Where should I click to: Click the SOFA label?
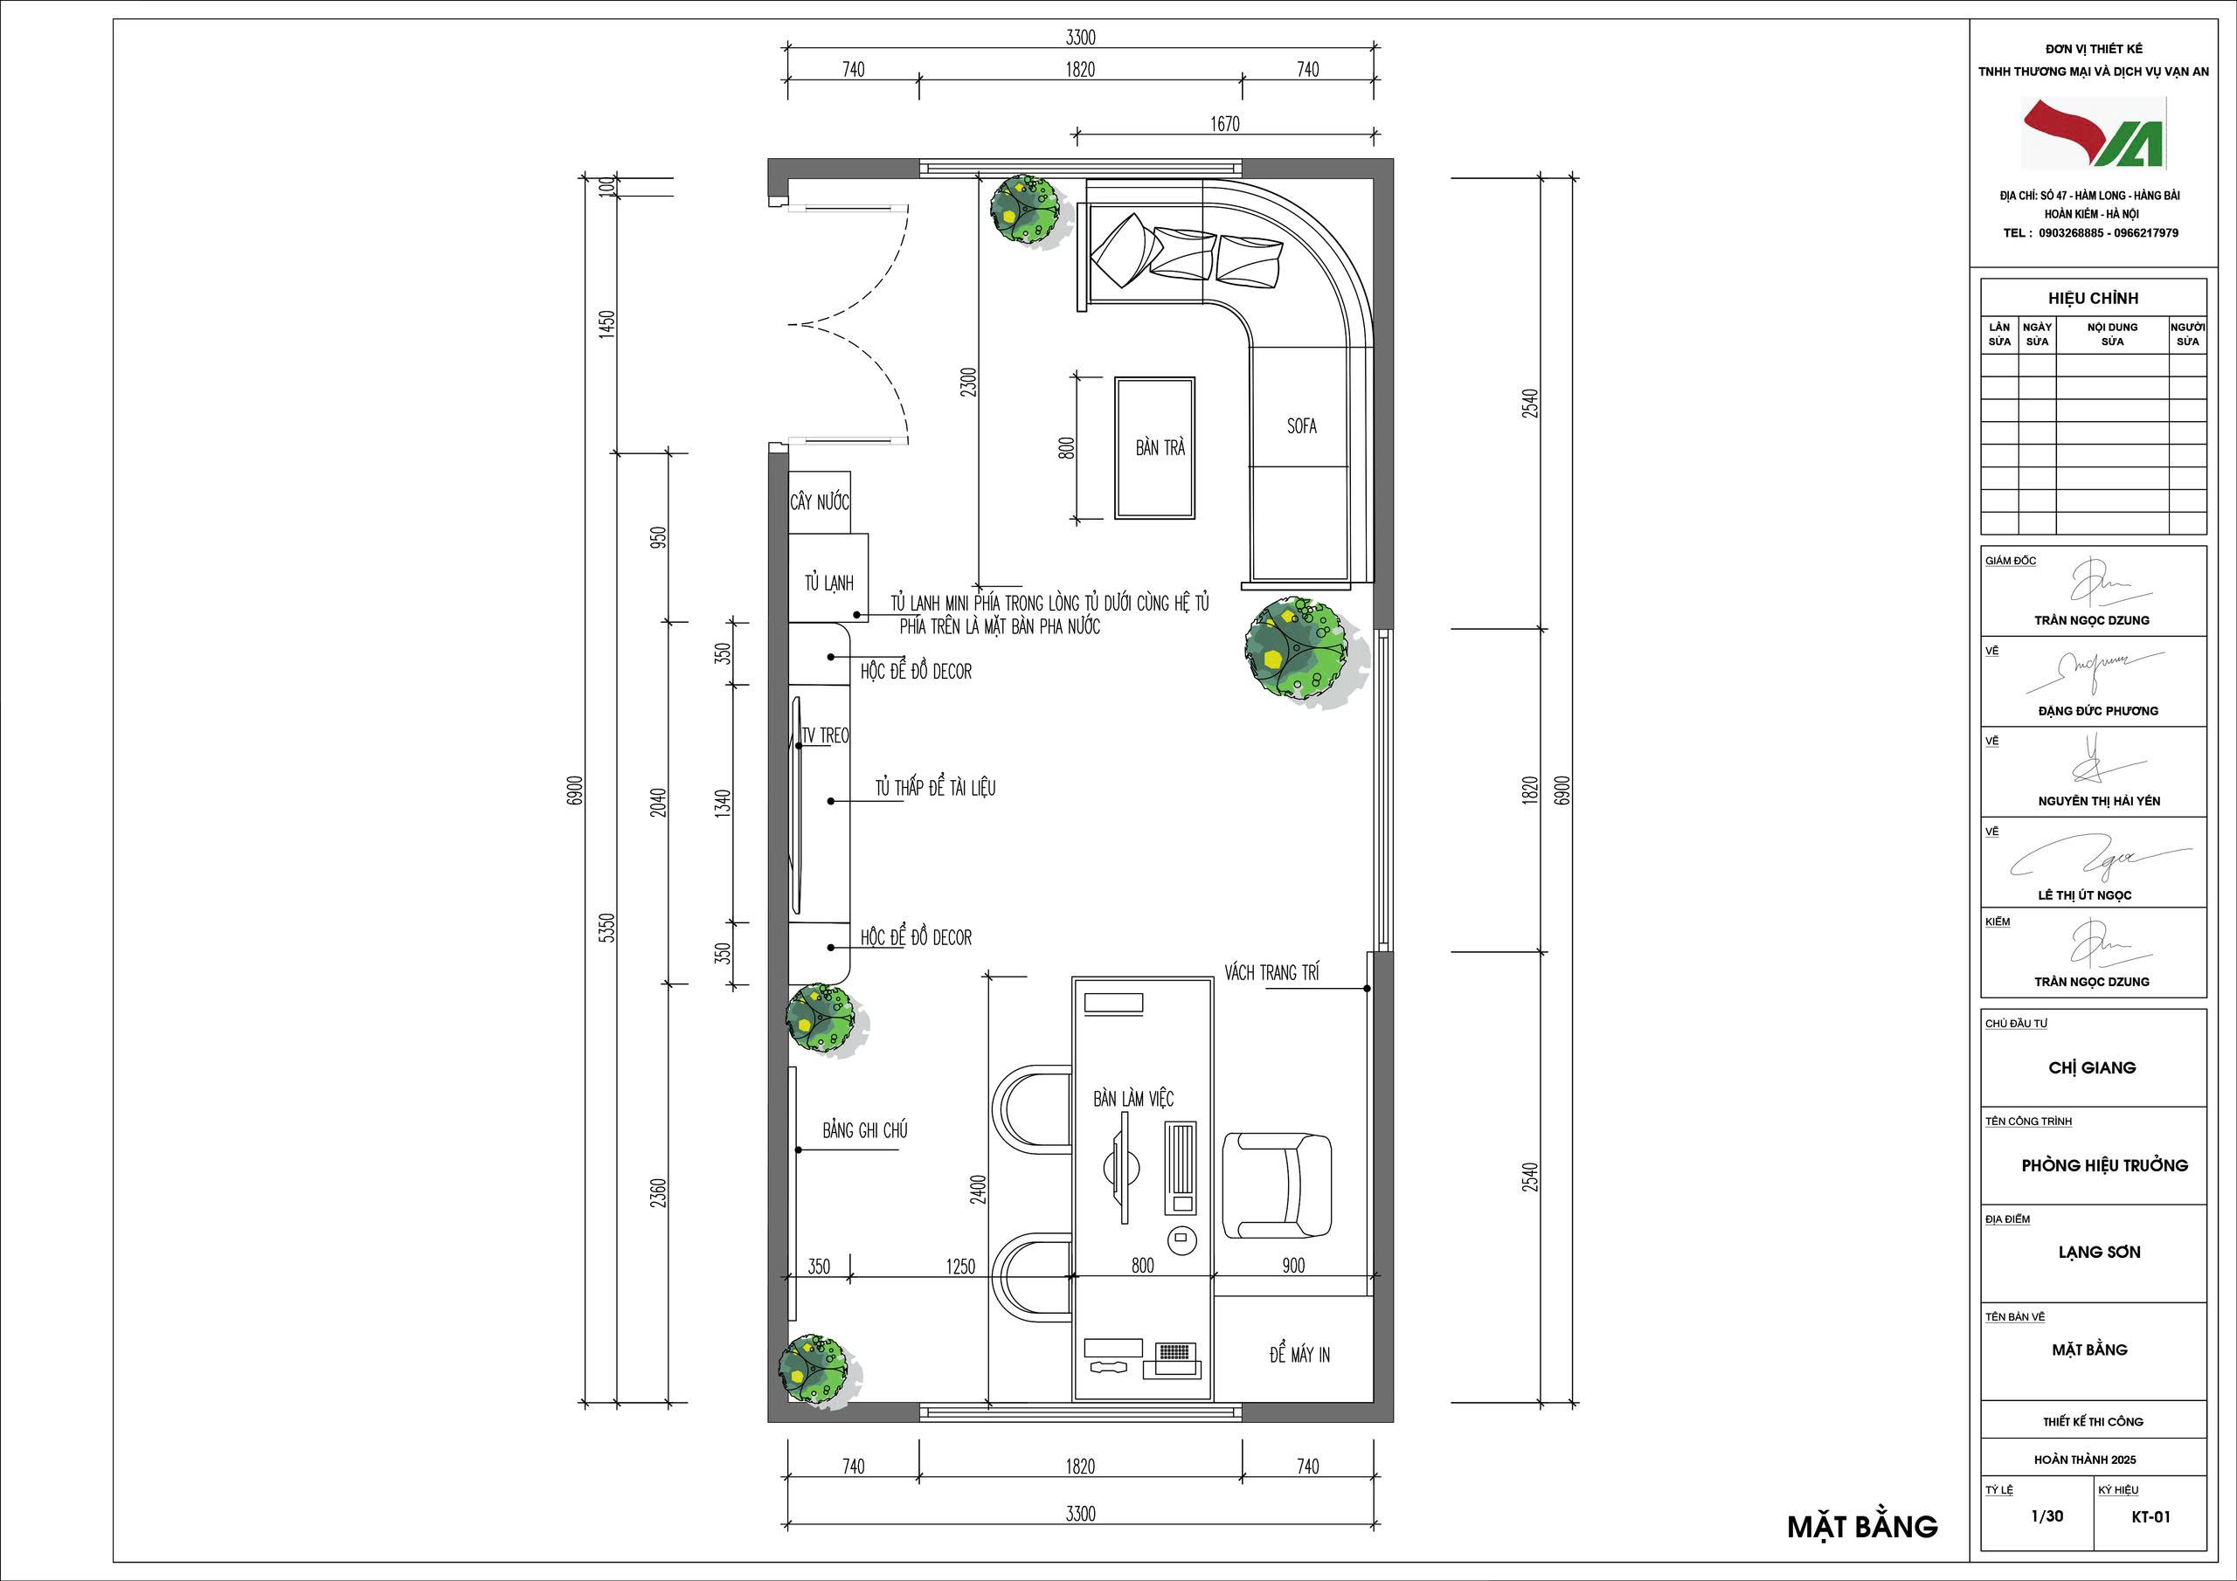click(x=1302, y=425)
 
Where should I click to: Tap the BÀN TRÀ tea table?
click(x=1154, y=448)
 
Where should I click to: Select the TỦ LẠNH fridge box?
click(x=828, y=577)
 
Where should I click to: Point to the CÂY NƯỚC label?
click(x=820, y=501)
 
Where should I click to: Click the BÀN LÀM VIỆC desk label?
click(x=1133, y=1099)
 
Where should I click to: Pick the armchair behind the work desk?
click(x=1278, y=1184)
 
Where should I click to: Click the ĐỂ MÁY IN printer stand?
click(x=1294, y=1350)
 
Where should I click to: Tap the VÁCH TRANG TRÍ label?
click(x=1271, y=972)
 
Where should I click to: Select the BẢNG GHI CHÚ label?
click(x=865, y=1130)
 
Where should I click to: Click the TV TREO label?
click(x=825, y=735)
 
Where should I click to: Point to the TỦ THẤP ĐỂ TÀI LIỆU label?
click(x=935, y=787)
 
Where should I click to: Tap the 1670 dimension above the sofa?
click(x=1225, y=124)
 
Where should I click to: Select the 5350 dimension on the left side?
click(x=606, y=928)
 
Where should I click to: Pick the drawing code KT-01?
click(x=2150, y=1516)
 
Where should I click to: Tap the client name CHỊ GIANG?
click(x=2092, y=1067)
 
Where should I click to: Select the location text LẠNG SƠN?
click(x=2100, y=1253)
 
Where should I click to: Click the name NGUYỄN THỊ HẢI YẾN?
click(x=2099, y=802)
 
